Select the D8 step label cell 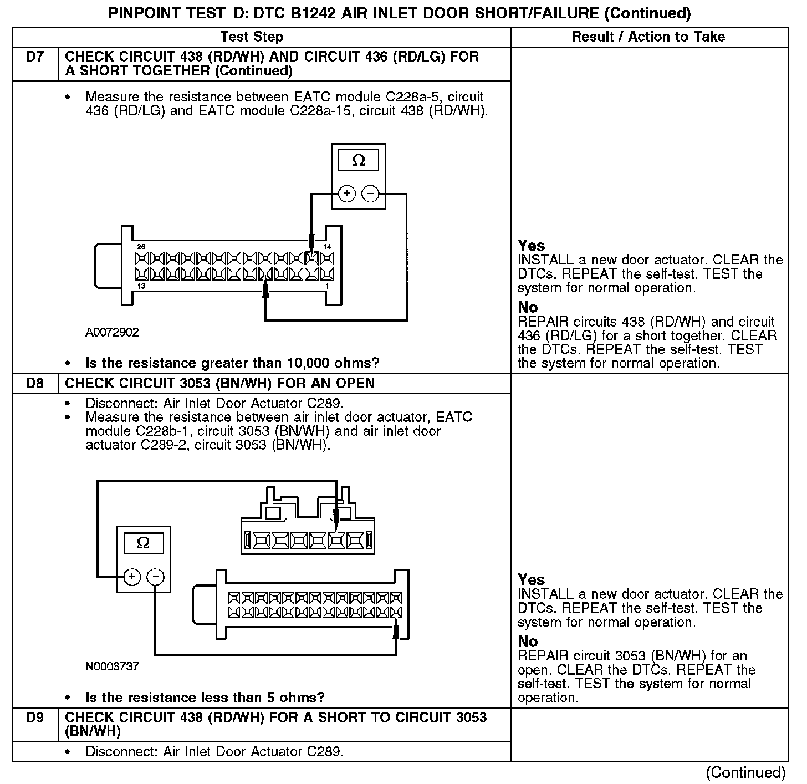click(x=34, y=384)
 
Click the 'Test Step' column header click(x=252, y=37)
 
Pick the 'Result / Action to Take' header click(x=648, y=37)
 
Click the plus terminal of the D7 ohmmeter click(x=347, y=194)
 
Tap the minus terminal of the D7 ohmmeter click(x=370, y=194)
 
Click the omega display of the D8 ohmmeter click(x=143, y=543)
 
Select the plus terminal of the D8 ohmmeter click(x=132, y=577)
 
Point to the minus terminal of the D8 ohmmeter click(x=155, y=577)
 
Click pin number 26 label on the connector click(x=141, y=246)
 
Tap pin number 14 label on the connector click(x=327, y=246)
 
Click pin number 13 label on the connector click(x=141, y=286)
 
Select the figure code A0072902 click(x=112, y=333)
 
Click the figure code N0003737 click(x=112, y=666)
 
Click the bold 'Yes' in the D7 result click(x=531, y=246)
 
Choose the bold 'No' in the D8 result click(x=528, y=642)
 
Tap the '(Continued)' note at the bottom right click(x=745, y=772)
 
